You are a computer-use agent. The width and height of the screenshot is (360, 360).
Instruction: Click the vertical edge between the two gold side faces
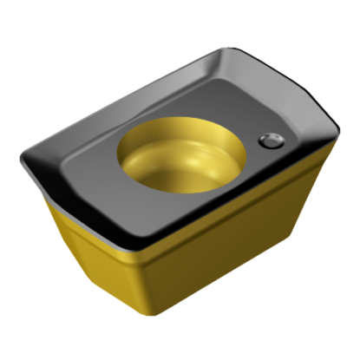tap(141, 286)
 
